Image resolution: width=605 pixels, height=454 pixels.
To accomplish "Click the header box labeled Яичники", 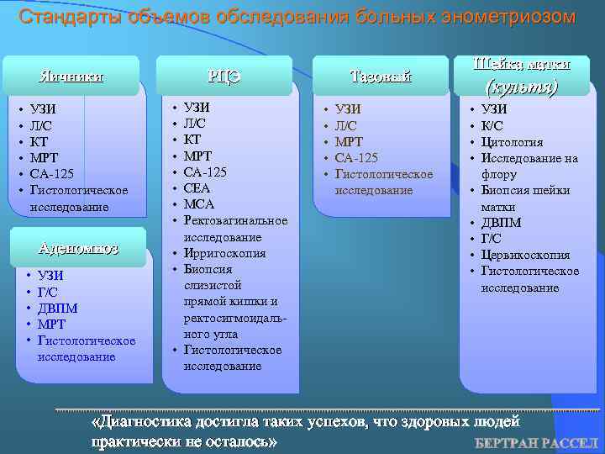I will [71, 77].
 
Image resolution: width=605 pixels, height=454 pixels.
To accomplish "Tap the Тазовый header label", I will [380, 77].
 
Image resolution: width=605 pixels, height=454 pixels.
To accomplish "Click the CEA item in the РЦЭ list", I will [198, 188].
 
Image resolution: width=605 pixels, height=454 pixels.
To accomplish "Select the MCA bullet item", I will [199, 204].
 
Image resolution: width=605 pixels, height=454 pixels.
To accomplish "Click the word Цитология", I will [512, 142].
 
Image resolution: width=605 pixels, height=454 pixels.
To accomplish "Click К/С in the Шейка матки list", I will [492, 126].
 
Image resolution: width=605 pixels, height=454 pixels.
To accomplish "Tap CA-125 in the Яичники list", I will [51, 174].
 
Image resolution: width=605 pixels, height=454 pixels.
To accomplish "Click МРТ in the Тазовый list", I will [350, 141].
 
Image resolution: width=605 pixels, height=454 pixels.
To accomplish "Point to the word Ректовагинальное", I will [235, 220].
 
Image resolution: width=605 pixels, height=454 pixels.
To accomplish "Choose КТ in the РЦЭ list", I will [192, 140].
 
